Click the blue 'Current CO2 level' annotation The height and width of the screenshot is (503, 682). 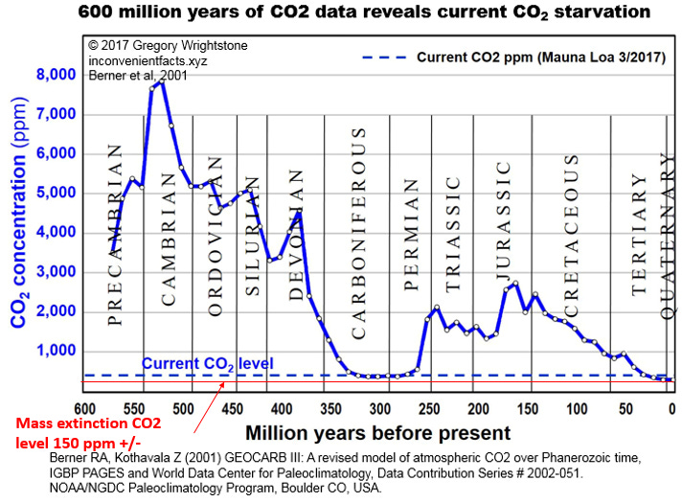click(207, 364)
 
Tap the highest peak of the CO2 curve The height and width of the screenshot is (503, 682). click(161, 82)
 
